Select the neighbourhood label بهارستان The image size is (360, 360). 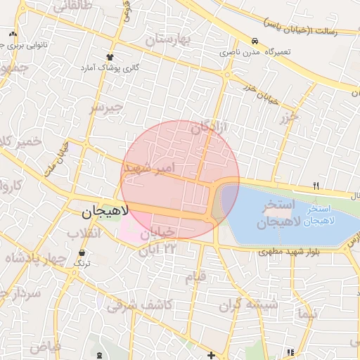[168, 39]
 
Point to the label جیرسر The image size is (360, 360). [105, 108]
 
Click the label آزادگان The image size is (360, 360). [211, 128]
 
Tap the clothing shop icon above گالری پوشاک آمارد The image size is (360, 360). [110, 57]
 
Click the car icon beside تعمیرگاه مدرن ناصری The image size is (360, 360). [255, 41]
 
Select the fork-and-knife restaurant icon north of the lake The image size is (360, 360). [316, 186]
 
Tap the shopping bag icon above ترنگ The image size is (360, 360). [83, 252]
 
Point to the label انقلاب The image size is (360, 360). [84, 233]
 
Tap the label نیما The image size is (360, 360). [307, 310]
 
